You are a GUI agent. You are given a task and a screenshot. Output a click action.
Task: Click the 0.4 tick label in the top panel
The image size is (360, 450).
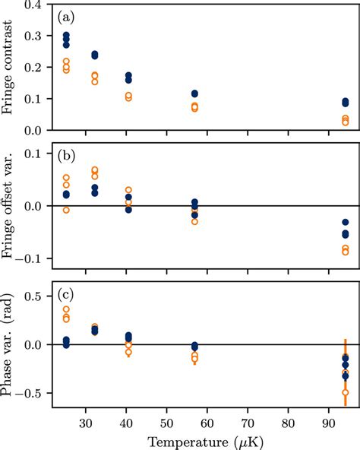point(33,5)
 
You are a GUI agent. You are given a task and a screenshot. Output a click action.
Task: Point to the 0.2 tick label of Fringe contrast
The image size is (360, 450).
point(33,68)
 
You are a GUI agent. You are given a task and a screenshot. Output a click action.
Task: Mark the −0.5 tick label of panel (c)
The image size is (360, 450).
point(29,393)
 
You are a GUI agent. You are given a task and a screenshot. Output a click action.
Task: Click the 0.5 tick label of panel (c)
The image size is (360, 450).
point(33,296)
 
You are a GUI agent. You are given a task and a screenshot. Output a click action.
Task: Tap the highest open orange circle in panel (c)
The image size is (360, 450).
point(66,309)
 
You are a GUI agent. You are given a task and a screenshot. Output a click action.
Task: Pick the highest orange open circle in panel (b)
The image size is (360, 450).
point(94,170)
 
